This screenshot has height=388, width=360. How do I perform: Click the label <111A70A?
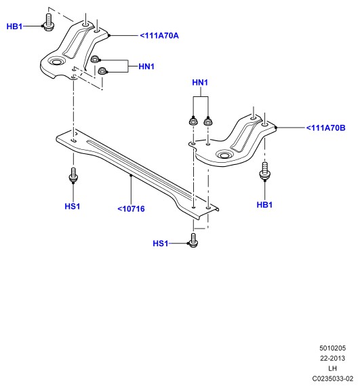tap(159, 36)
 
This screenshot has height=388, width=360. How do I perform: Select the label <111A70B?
tap(325, 128)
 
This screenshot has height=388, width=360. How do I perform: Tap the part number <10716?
tap(131, 209)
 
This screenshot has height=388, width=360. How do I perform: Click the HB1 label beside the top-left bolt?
tap(14, 26)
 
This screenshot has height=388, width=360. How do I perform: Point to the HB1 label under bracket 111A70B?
tap(264, 205)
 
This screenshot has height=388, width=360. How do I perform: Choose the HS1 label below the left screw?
tap(73, 206)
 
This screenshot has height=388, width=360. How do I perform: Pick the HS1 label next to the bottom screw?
tap(161, 244)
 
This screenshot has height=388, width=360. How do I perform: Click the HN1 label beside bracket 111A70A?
tap(146, 66)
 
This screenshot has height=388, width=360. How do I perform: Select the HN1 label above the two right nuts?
tap(200, 82)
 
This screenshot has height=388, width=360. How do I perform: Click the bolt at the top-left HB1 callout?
tap(49, 23)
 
